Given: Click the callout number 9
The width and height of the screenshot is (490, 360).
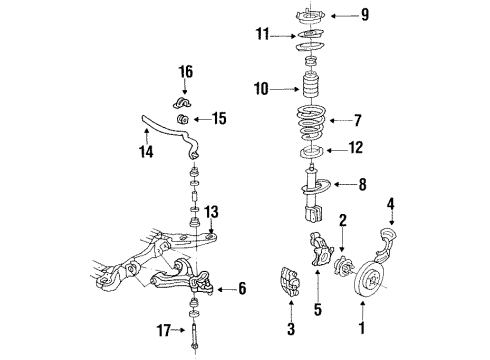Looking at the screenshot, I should point(364,14).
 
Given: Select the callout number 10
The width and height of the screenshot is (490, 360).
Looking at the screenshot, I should point(261,88).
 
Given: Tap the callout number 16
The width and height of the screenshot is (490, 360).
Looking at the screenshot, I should point(184,71).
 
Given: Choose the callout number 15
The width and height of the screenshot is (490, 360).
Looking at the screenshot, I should point(218,118).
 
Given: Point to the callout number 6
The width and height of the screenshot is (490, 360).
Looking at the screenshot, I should point(241,289).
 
